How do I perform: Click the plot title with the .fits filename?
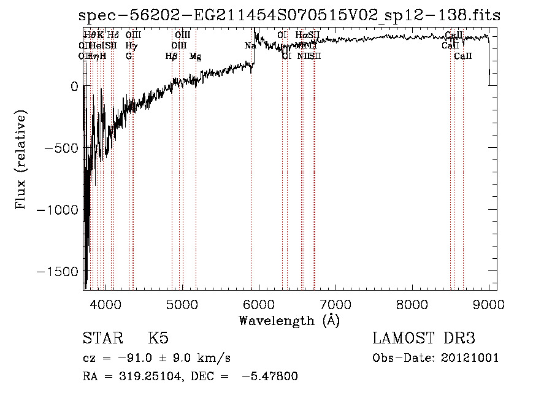(289, 15)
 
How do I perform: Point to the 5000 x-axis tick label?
(182, 304)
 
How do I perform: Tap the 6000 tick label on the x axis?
(259, 304)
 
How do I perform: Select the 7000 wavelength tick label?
(335, 304)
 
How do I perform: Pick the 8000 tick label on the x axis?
(412, 304)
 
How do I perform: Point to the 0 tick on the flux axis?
(75, 86)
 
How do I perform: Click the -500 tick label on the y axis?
(61, 148)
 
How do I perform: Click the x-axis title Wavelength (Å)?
(289, 320)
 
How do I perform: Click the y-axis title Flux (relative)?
(21, 159)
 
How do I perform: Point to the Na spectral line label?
(250, 46)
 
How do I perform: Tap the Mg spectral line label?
(195, 56)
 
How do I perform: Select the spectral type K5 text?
(158, 339)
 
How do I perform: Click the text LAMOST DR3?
(423, 339)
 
